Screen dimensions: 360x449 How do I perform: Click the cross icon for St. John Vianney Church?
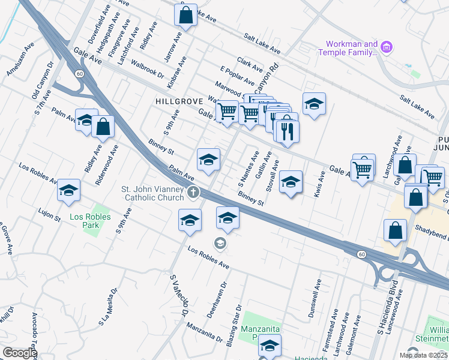(193, 193)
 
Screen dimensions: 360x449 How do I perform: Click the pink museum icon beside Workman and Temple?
(387, 46)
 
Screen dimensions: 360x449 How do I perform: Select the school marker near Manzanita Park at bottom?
(270, 347)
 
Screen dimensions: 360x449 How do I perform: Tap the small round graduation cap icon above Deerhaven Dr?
(220, 243)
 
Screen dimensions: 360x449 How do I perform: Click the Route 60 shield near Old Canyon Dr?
(79, 73)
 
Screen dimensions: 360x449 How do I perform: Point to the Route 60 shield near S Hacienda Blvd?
(361, 254)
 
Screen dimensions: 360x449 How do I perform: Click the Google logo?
(19, 353)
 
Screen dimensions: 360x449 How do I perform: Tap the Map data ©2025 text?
(423, 355)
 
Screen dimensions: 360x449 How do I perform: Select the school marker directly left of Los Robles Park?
(68, 190)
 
